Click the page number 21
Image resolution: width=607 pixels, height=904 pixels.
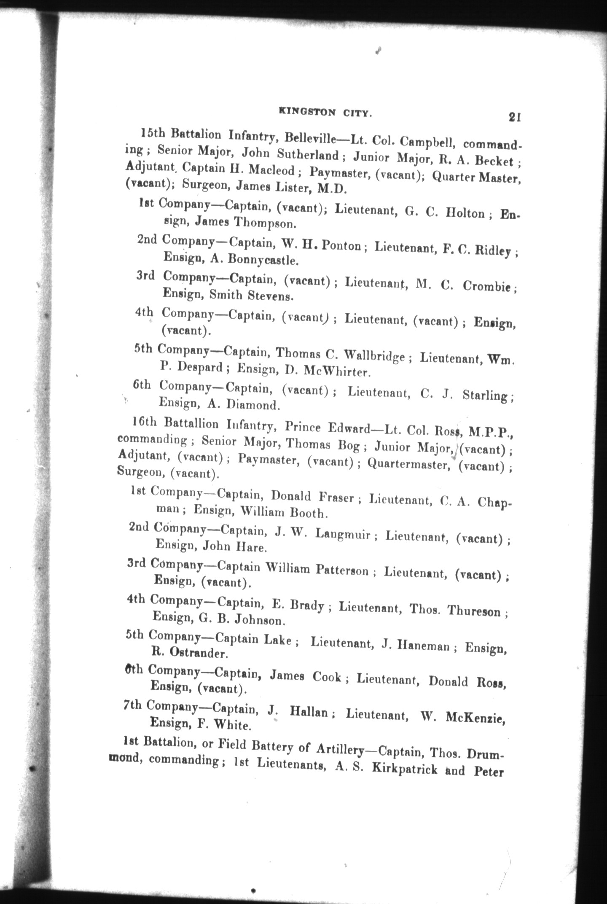click(515, 117)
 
